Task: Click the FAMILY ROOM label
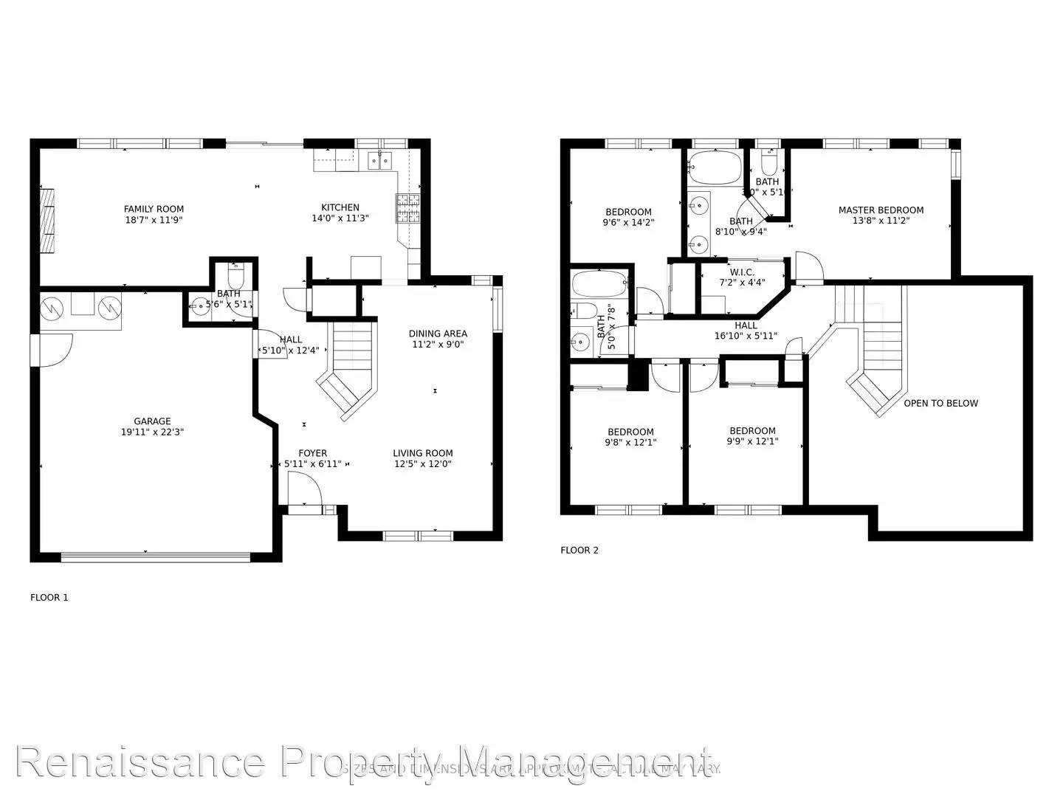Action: pyautogui.click(x=154, y=209)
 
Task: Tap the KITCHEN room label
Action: pyautogui.click(x=340, y=207)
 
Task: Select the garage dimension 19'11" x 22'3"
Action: pyautogui.click(x=152, y=432)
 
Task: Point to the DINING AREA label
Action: pyautogui.click(x=438, y=334)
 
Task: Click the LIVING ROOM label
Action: pyautogui.click(x=422, y=453)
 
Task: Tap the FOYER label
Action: pyautogui.click(x=312, y=453)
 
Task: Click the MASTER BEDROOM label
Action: pyautogui.click(x=881, y=210)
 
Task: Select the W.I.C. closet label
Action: pyautogui.click(x=742, y=272)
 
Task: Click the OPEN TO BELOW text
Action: pyautogui.click(x=940, y=403)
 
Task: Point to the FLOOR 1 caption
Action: pyautogui.click(x=49, y=597)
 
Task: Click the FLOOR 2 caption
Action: pyautogui.click(x=579, y=550)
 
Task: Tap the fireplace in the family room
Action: pyautogui.click(x=47, y=221)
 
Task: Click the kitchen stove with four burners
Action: pyautogui.click(x=407, y=208)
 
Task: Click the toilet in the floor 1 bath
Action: pyautogui.click(x=235, y=278)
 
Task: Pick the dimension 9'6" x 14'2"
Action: pyautogui.click(x=629, y=221)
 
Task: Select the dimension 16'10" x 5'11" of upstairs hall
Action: pyautogui.click(x=746, y=336)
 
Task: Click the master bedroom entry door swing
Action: pyautogui.click(x=808, y=269)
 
